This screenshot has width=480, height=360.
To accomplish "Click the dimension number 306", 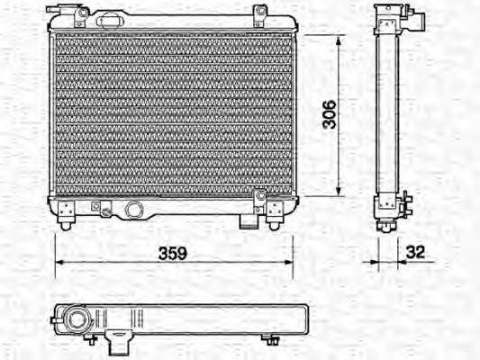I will coord(331,114).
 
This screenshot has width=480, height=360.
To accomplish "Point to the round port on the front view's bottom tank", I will coord(135,210).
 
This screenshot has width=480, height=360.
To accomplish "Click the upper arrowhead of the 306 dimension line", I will coord(340,40).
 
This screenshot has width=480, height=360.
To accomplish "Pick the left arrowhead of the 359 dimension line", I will coord(59,263).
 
